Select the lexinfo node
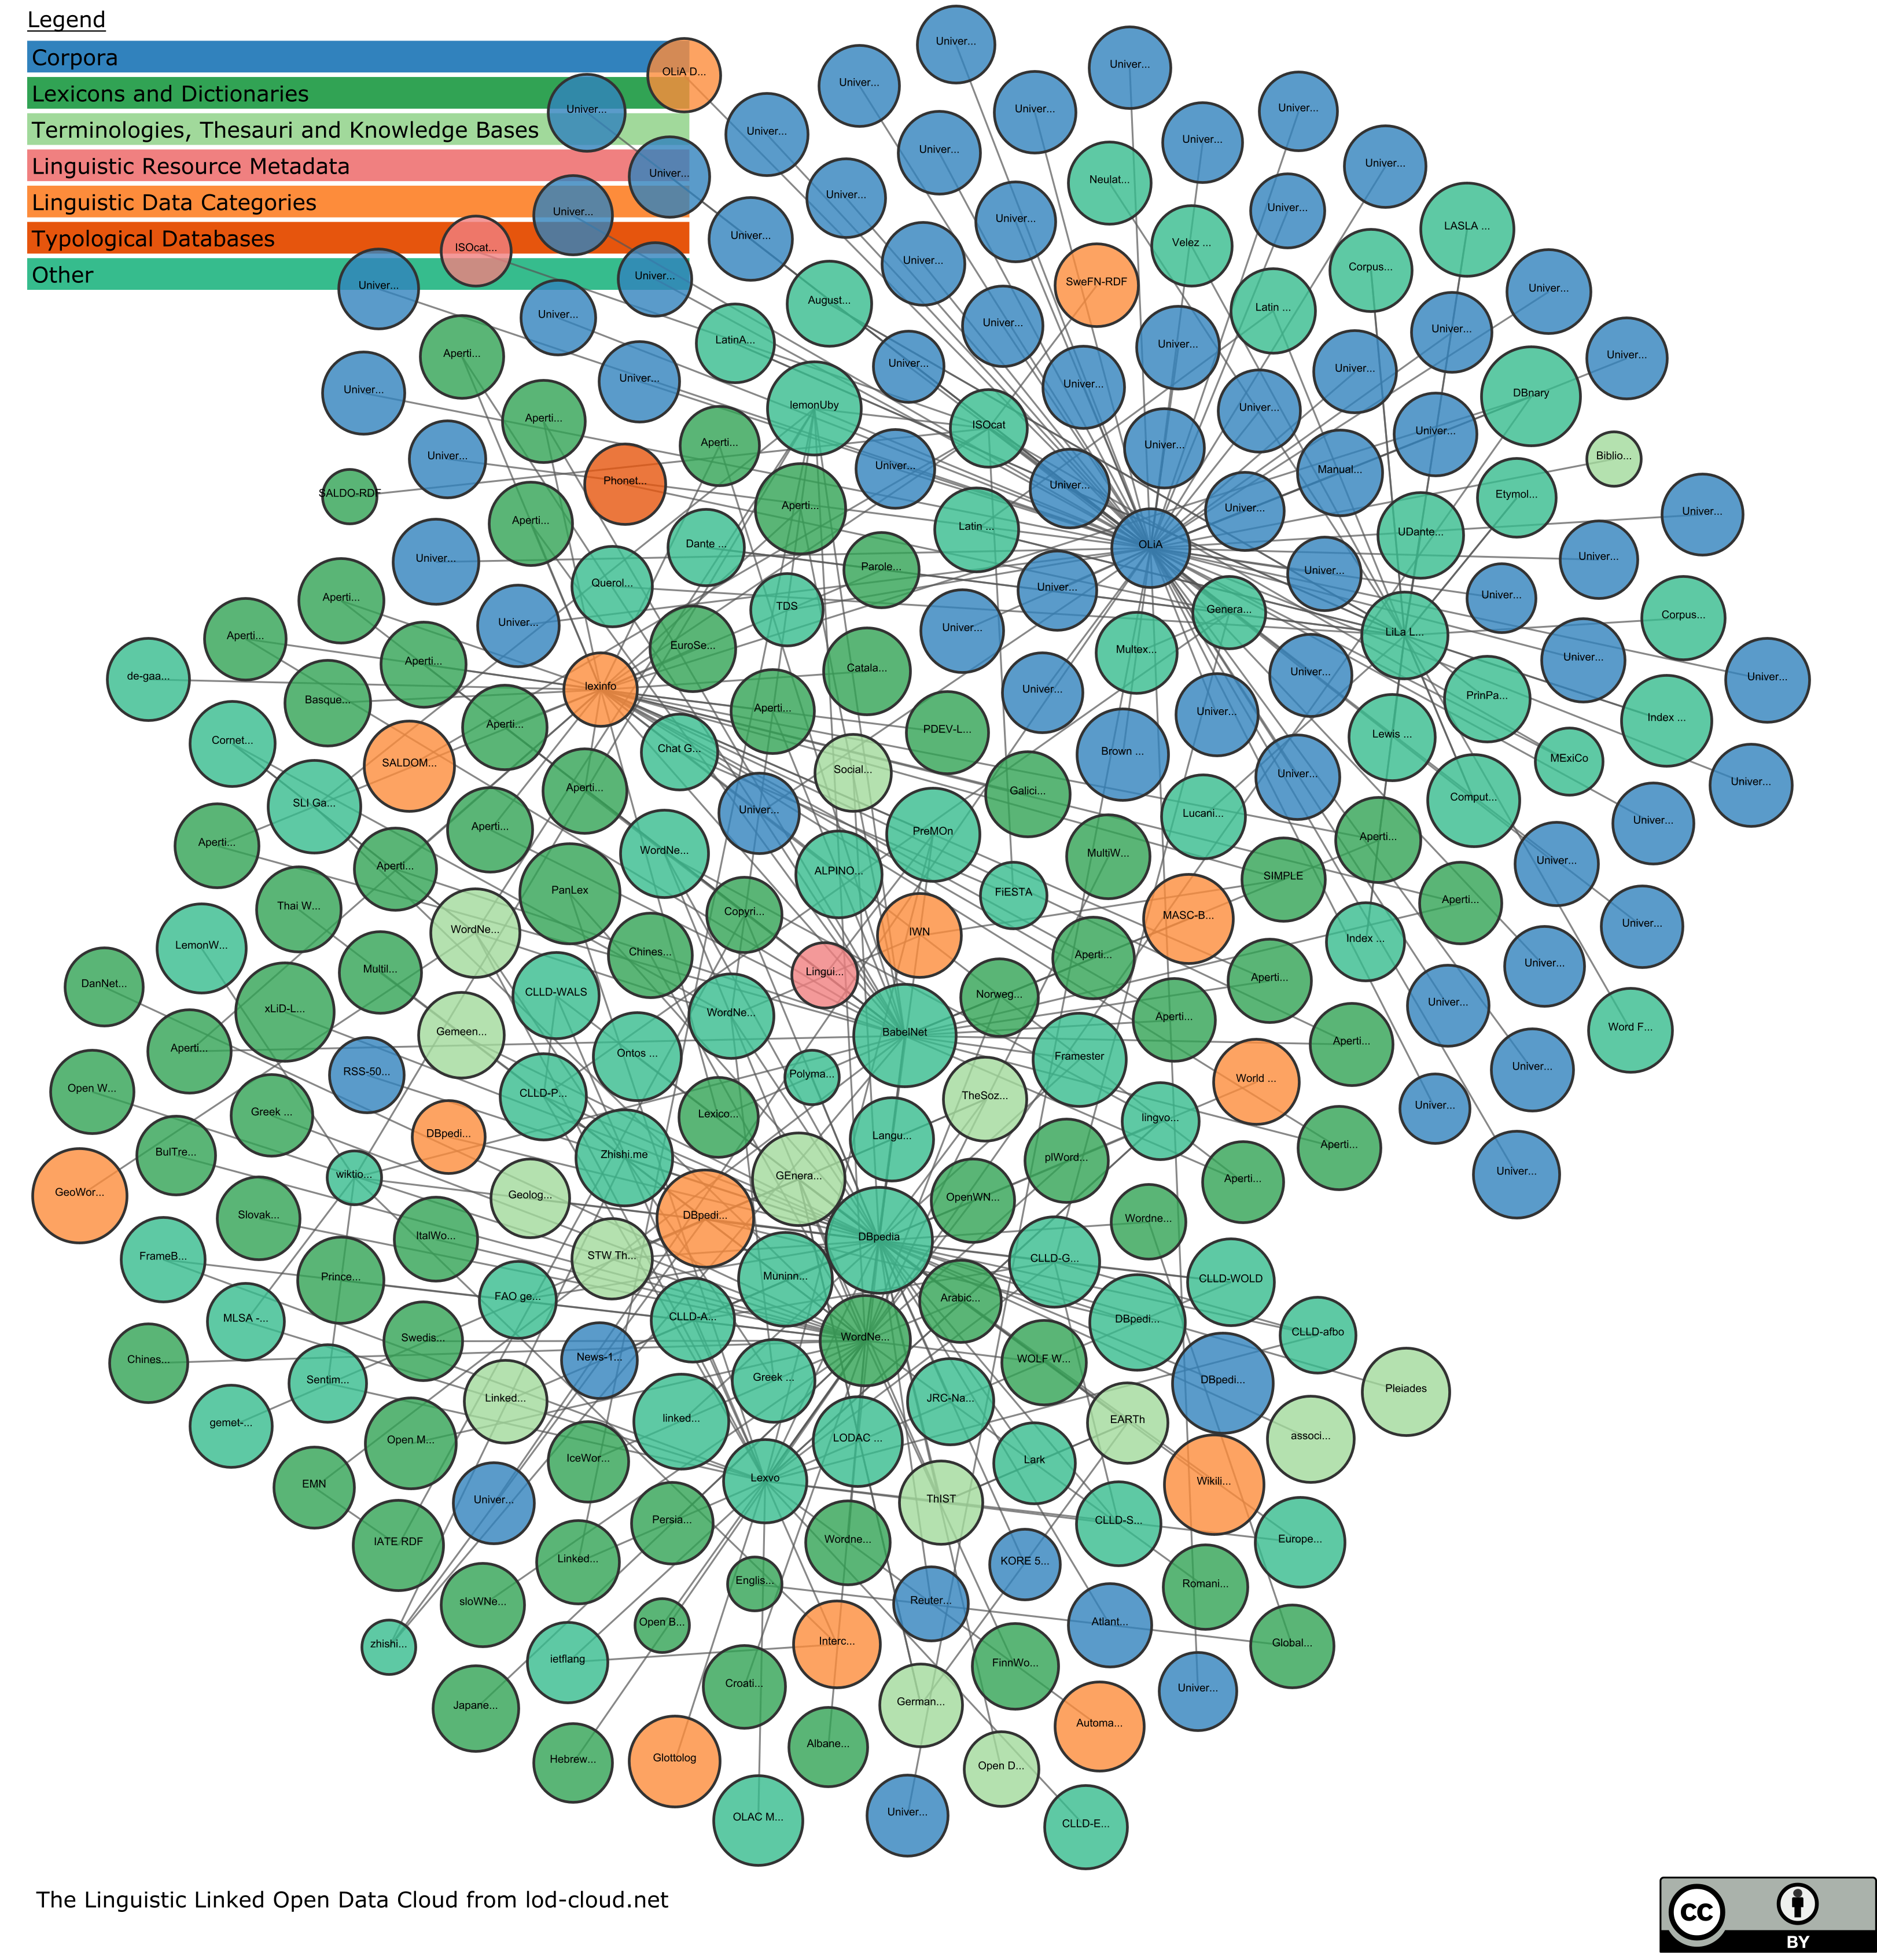[x=600, y=687]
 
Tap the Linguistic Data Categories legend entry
[x=174, y=203]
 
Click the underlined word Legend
[x=66, y=20]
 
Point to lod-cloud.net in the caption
[x=596, y=1900]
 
